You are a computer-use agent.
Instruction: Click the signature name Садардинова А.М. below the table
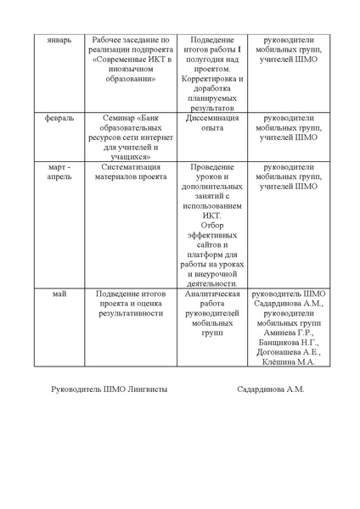(x=271, y=390)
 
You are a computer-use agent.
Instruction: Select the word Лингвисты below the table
(x=145, y=390)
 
